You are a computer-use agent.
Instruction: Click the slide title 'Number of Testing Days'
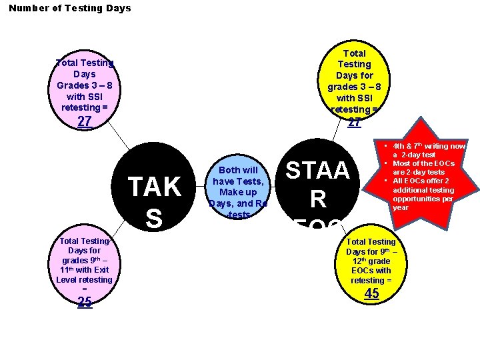point(70,8)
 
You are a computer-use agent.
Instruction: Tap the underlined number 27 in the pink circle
point(85,121)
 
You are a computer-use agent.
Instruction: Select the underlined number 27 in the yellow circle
point(355,122)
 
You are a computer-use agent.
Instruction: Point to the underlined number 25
point(85,302)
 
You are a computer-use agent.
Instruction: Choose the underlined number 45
point(371,294)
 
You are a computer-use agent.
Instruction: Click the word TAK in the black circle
point(154,188)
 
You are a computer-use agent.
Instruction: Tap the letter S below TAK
point(153,219)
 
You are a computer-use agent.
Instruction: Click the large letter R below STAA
point(317,199)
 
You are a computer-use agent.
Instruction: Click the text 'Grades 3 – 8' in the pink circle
point(85,85)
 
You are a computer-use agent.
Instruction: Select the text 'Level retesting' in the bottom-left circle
point(85,279)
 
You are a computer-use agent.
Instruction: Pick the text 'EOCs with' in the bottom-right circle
point(371,270)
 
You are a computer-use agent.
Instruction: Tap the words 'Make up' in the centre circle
point(238,192)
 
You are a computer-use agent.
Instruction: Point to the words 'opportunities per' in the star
point(429,199)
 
